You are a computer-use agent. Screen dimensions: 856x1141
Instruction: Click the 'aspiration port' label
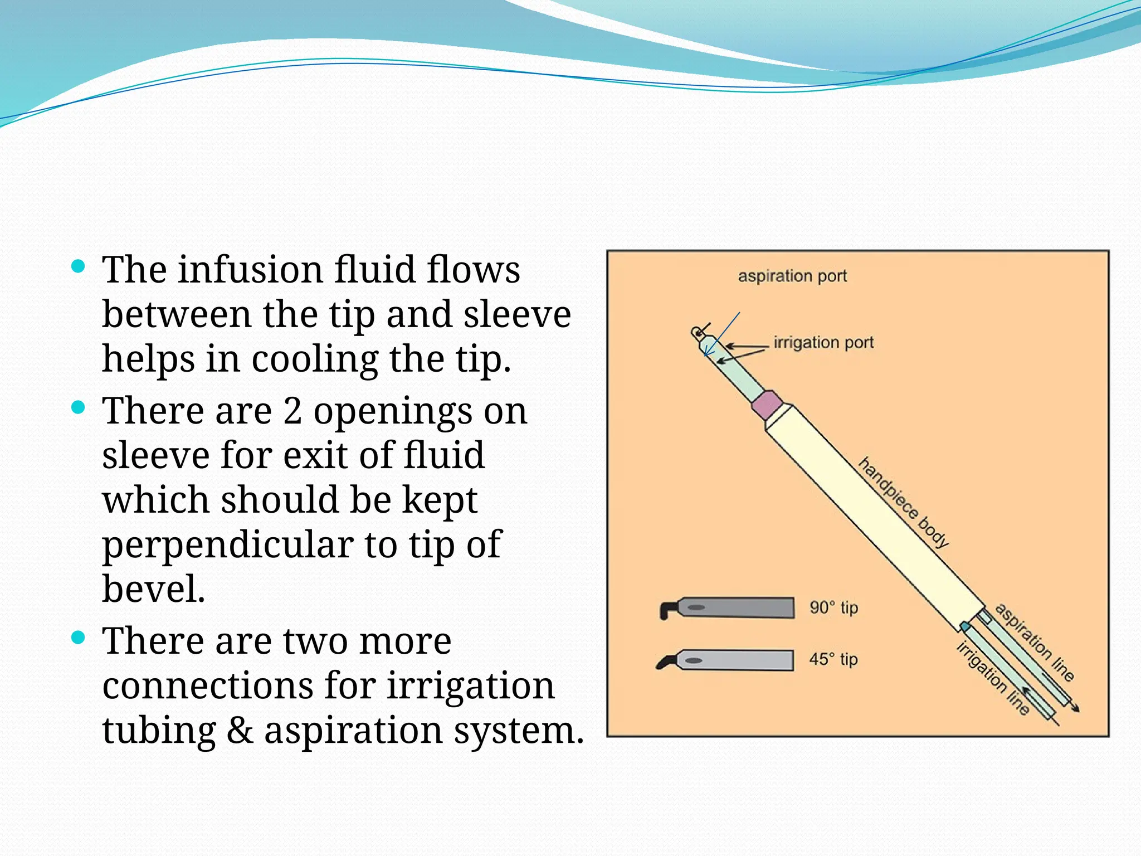[x=792, y=276]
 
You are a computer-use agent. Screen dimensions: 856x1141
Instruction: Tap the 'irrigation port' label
[x=823, y=342]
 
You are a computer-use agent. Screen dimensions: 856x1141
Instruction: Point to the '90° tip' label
[x=833, y=607]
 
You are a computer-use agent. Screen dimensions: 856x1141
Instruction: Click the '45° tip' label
[x=833, y=659]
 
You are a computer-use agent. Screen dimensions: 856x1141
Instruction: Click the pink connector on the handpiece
[x=767, y=405]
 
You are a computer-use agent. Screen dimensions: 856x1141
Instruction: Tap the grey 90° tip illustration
[x=730, y=607]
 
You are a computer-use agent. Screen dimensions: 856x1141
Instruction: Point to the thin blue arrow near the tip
[x=723, y=334]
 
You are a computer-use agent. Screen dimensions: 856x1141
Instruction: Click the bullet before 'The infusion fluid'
[x=79, y=266]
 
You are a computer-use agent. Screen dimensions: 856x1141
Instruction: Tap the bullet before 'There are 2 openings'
[x=79, y=407]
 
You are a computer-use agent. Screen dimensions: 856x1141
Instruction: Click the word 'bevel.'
[x=154, y=588]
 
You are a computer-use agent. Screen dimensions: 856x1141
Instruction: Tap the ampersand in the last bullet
[x=240, y=730]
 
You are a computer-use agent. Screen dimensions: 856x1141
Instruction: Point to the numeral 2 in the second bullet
[x=292, y=411]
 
